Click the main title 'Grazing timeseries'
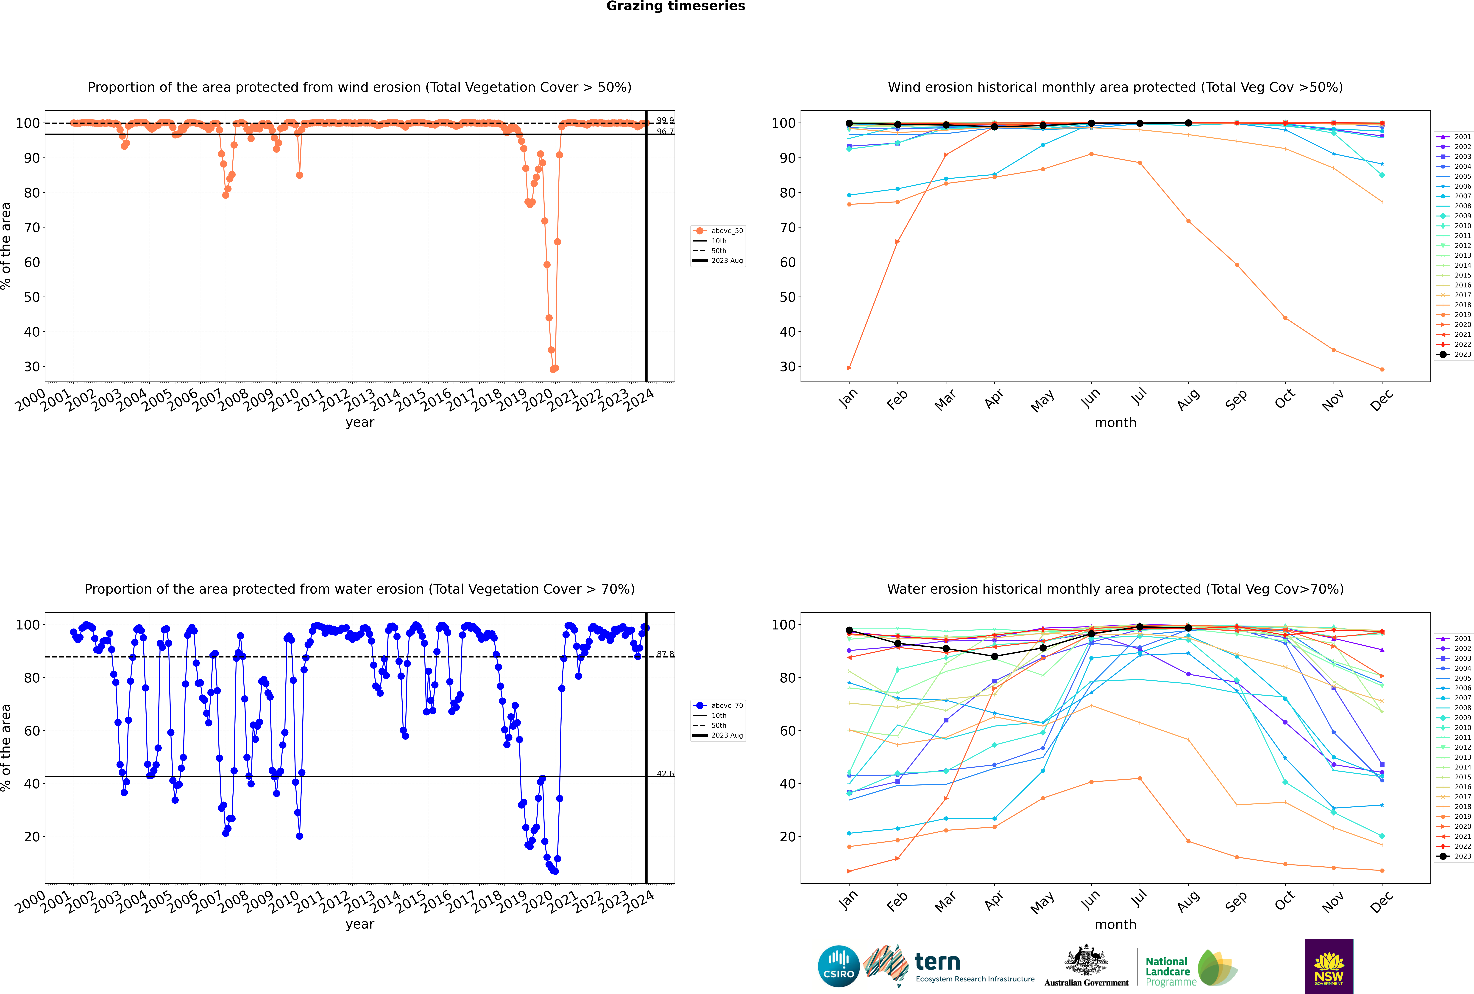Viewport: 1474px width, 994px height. click(676, 6)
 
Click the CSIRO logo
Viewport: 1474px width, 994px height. click(838, 966)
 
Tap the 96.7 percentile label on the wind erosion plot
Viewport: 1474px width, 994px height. click(665, 132)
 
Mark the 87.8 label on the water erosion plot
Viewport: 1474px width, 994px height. click(665, 654)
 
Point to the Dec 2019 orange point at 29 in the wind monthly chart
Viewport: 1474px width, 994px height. click(1382, 370)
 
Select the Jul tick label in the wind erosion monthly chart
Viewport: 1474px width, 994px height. click(1139, 397)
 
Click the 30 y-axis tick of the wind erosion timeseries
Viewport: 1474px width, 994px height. click(32, 366)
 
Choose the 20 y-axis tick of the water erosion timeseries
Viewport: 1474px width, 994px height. click(32, 837)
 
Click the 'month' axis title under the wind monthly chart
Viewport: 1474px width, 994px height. click(1115, 423)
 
